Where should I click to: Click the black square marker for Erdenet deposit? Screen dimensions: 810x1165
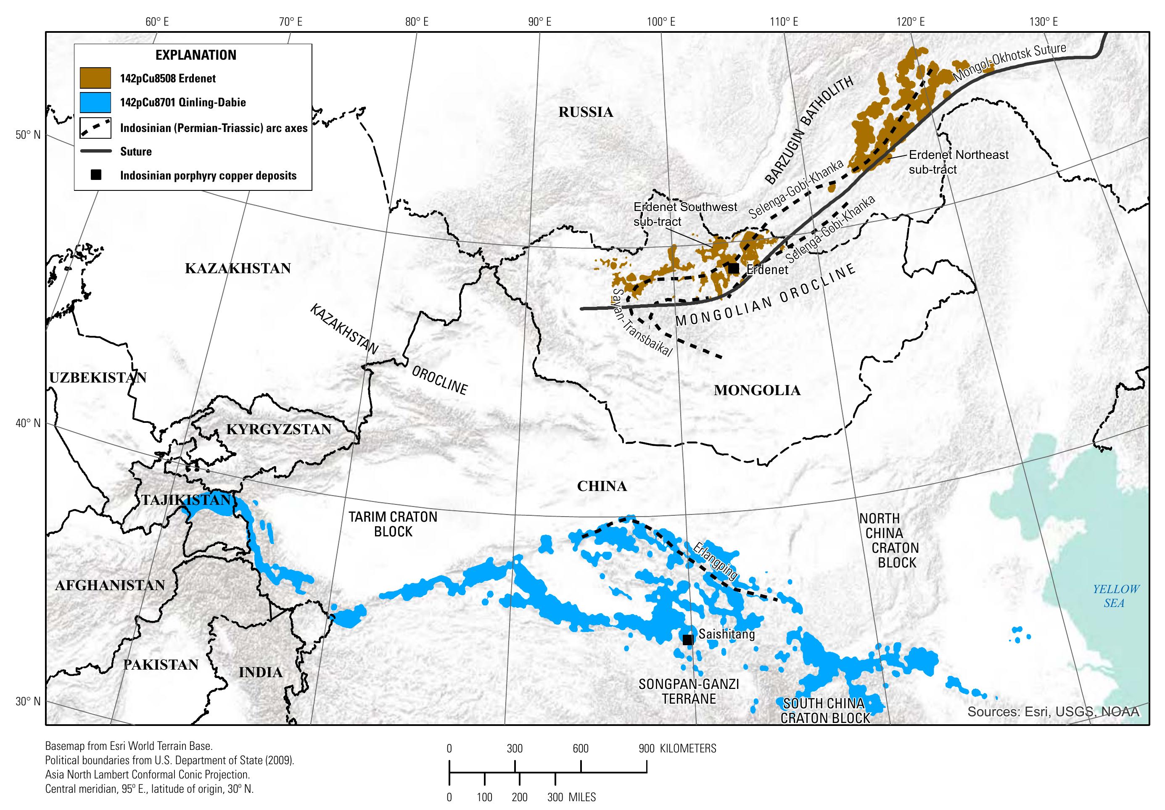coord(733,268)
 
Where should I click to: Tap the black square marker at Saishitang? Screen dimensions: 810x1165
coord(687,640)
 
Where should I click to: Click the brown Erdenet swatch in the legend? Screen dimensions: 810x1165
coord(95,78)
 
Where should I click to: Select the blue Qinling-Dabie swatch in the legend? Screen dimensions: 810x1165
coord(95,103)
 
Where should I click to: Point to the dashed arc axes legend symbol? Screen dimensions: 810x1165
coord(95,127)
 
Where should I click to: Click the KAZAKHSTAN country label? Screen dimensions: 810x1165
coord(238,268)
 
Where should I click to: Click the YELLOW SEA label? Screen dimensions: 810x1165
coord(1116,596)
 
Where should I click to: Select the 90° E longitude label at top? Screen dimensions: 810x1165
coord(539,22)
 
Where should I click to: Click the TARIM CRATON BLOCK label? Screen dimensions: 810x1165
coord(393,524)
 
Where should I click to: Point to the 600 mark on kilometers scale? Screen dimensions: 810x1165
coord(581,748)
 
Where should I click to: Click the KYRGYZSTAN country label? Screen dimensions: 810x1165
coord(279,429)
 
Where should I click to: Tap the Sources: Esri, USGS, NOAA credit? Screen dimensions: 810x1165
coord(1053,712)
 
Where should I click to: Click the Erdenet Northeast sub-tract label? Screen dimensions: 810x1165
coord(958,162)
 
